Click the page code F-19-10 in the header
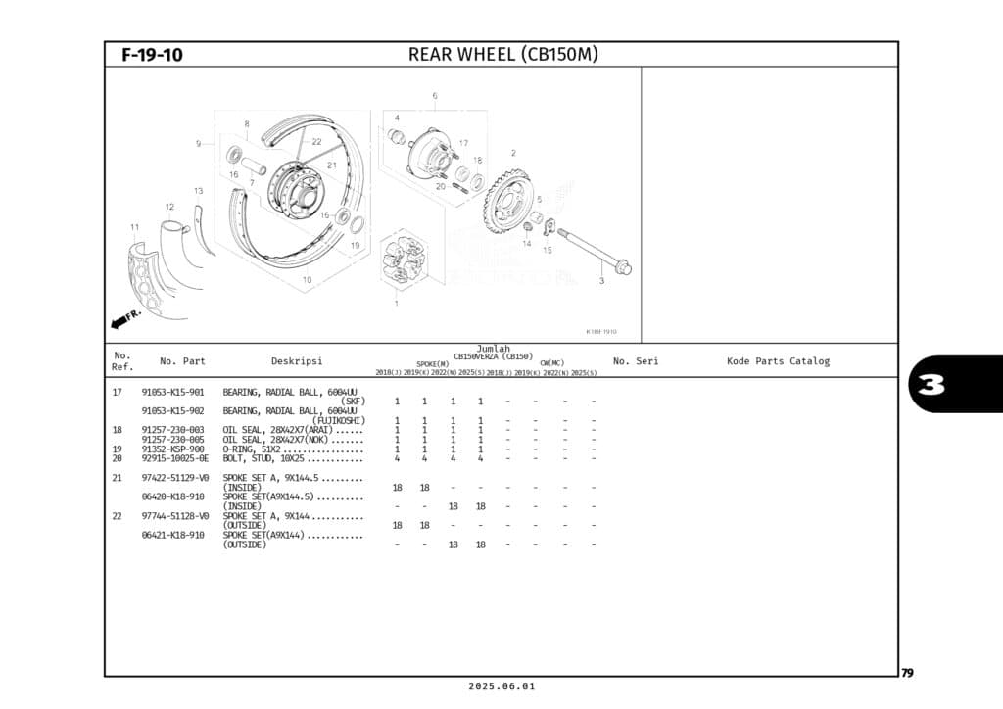(152, 55)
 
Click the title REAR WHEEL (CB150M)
(502, 55)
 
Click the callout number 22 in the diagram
(316, 142)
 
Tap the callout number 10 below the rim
(307, 280)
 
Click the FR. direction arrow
(125, 319)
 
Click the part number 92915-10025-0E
(175, 458)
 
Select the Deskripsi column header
(296, 361)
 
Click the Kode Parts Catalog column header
(778, 361)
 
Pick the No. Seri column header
(636, 361)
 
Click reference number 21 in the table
(118, 478)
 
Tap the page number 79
(907, 673)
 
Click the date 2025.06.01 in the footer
(501, 686)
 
